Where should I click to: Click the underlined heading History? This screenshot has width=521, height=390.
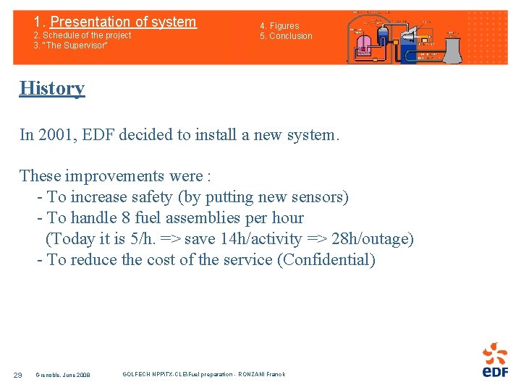point(52,88)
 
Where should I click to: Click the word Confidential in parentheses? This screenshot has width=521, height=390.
point(326,260)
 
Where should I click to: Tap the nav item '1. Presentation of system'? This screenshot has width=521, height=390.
point(115,22)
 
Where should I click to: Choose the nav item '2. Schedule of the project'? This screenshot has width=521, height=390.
point(82,35)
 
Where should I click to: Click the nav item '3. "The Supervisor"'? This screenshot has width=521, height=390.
point(70,45)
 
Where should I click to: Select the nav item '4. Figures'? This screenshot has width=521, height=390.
point(279,26)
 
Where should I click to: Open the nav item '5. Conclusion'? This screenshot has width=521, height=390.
point(287,36)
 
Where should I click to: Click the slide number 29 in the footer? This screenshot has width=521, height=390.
point(18,374)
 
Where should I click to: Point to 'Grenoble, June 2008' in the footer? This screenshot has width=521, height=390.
point(63,374)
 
